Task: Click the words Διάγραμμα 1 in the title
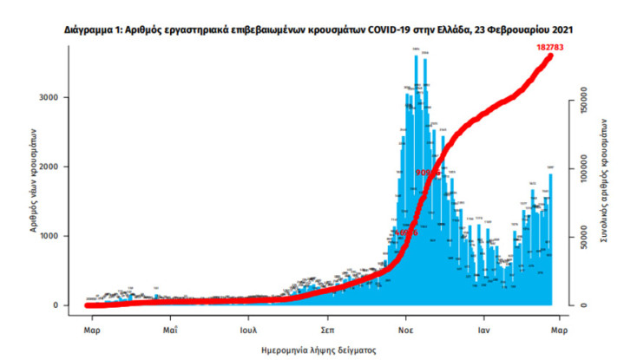[x=94, y=29]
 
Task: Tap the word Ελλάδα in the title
[x=448, y=29]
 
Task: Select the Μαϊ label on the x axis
[x=170, y=330]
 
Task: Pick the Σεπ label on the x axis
[x=327, y=330]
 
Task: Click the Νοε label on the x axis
[x=405, y=330]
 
